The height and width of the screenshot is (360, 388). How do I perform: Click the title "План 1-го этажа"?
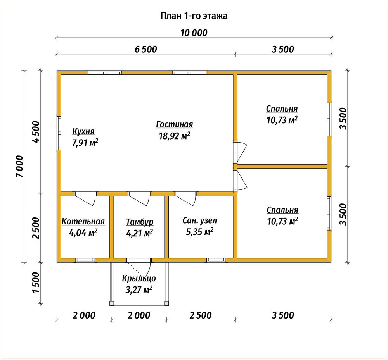pos(194,16)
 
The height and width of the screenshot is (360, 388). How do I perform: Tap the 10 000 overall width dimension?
pos(194,33)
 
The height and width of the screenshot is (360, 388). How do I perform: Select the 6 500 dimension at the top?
pos(146,49)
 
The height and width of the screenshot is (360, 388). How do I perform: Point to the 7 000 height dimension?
pos(19,166)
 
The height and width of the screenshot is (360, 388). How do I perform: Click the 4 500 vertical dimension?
pos(36,132)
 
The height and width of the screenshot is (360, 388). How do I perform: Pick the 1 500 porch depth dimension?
pos(36,282)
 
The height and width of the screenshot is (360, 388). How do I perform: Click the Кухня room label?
pos(83,131)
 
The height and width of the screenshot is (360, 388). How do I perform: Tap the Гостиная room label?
pos(175,124)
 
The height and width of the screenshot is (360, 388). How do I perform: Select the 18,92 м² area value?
pos(175,136)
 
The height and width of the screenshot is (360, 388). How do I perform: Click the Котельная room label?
pos(83,221)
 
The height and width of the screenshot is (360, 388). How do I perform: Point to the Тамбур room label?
pos(140,222)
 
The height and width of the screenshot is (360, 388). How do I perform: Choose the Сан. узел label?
pos(200,220)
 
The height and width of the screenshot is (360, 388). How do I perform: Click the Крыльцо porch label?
pos(139,279)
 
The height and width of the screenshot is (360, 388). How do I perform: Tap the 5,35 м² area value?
pos(200,232)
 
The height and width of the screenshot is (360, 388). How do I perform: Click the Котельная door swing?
pos(85,198)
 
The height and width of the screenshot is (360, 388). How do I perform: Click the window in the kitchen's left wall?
pos(59,133)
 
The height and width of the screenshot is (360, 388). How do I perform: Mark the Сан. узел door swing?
pos(186,198)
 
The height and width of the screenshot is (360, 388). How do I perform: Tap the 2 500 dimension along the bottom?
pos(201,315)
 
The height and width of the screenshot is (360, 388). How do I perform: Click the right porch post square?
pos(166,303)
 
